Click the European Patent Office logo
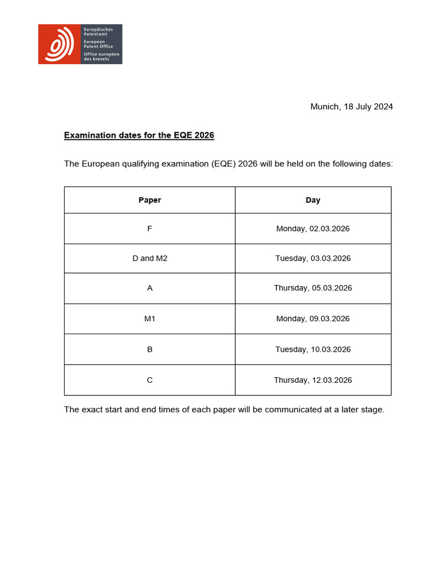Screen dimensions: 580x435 pos(80,44)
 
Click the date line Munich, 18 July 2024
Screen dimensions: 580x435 pos(351,106)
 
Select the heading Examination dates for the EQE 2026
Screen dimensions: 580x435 pos(139,135)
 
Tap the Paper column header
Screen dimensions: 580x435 pos(150,200)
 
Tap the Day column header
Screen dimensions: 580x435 pos(313,200)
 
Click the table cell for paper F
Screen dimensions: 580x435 pos(150,229)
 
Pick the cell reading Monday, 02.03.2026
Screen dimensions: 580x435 pos(313,229)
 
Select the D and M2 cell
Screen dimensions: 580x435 pos(150,258)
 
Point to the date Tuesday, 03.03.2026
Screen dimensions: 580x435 pos(313,258)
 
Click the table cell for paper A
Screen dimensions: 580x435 pos(150,288)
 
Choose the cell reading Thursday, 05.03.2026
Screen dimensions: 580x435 pos(313,288)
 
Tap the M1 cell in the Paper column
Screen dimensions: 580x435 pos(150,319)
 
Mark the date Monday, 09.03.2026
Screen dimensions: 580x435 pos(313,319)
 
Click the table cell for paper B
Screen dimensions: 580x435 pos(150,349)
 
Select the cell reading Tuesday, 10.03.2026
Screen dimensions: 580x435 pos(313,349)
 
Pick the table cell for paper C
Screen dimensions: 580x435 pos(150,380)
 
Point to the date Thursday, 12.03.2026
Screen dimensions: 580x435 pos(313,380)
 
